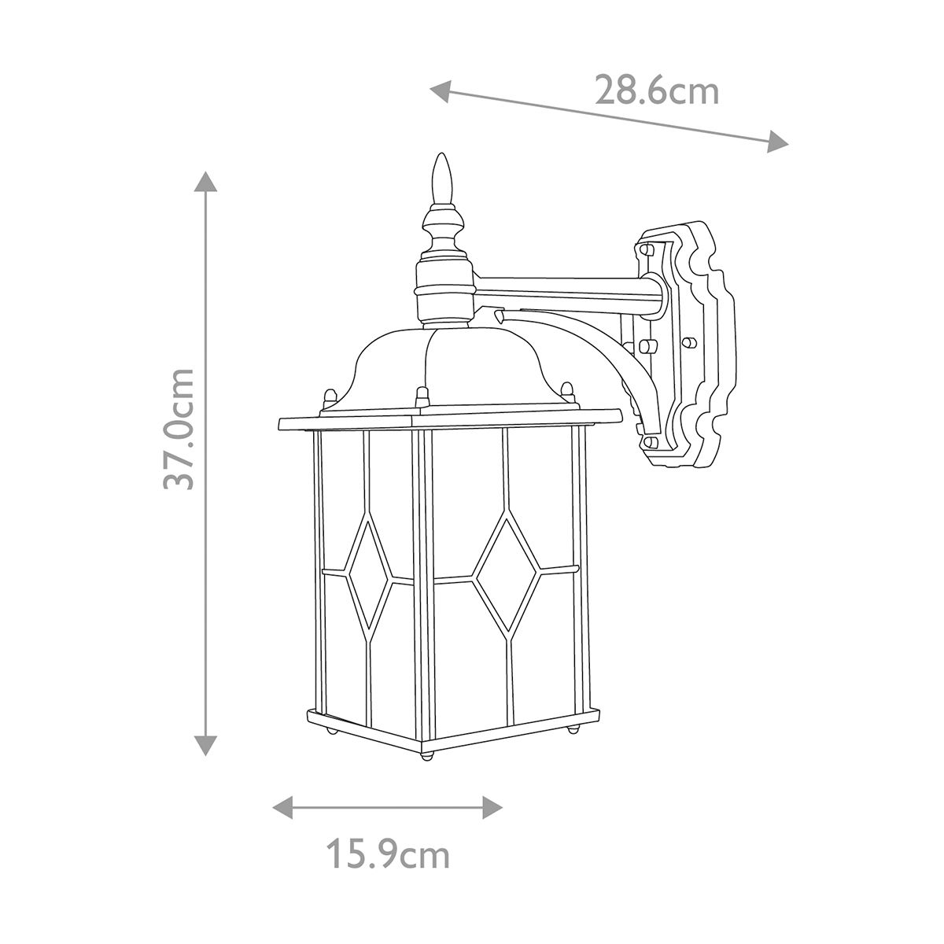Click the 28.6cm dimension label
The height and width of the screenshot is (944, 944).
656,91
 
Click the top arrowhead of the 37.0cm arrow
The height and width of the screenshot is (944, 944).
206,183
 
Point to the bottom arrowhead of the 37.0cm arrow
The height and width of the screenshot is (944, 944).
206,744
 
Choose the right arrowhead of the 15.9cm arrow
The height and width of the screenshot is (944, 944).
492,806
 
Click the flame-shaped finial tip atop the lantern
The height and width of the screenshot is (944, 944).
444,177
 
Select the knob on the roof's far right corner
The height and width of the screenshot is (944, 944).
566,390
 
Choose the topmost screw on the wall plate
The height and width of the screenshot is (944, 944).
647,249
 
